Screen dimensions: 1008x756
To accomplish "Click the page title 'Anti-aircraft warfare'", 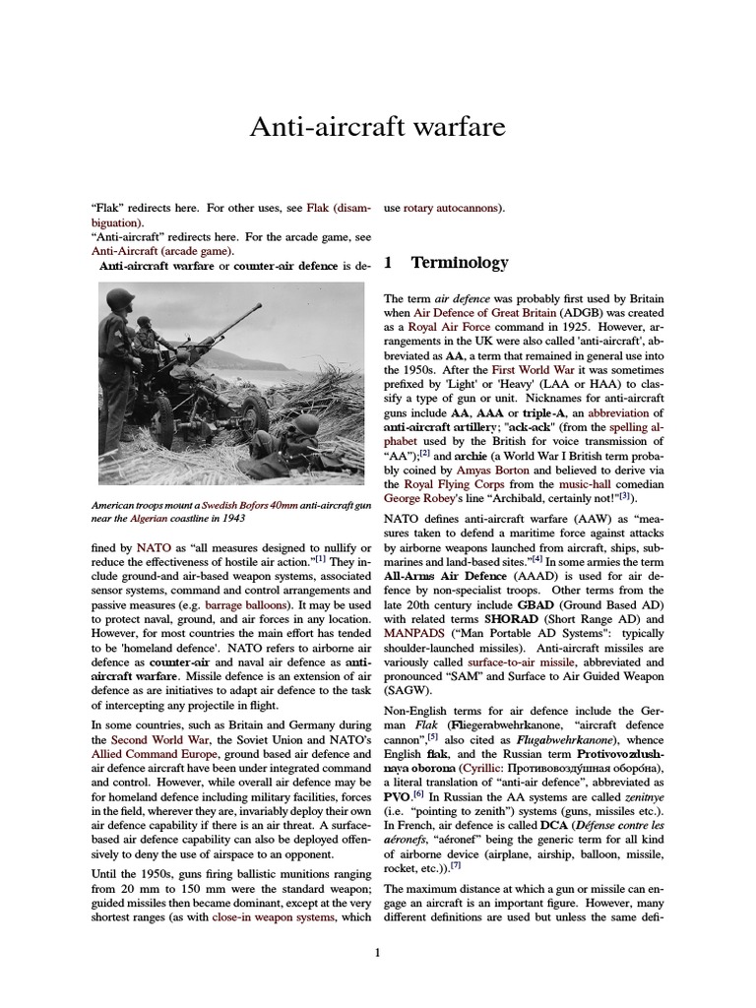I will point(378,127).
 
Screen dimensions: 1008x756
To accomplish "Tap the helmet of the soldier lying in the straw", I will point(307,424).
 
